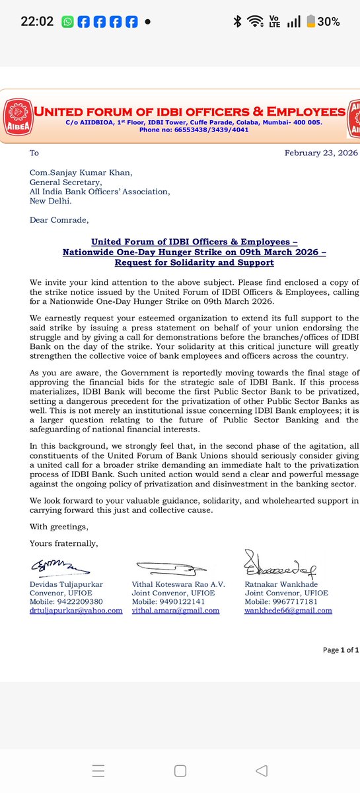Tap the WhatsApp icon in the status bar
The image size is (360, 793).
[x=67, y=22]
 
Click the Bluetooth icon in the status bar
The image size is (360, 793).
[x=237, y=22]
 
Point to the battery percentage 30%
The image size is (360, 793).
[x=328, y=22]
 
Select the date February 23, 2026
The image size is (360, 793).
[x=321, y=153]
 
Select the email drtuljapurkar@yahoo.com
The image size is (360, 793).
[x=76, y=611]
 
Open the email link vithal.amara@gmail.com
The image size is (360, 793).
[x=177, y=611]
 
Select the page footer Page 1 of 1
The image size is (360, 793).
[x=340, y=650]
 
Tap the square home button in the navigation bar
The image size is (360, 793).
[x=180, y=771]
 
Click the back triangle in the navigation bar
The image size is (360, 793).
[x=262, y=771]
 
